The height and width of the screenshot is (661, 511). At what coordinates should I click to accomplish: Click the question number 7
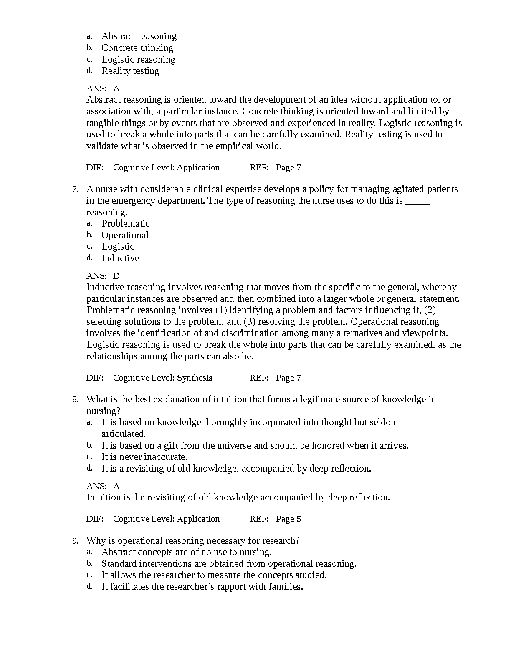[75, 189]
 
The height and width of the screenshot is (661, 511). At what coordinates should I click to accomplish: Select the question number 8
[75, 400]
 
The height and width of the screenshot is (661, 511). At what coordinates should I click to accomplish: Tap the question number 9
[75, 541]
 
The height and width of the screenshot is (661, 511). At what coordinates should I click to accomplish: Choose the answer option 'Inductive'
[120, 258]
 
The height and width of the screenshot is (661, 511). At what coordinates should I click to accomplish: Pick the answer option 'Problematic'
[125, 224]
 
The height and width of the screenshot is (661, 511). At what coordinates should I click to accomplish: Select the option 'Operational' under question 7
[125, 235]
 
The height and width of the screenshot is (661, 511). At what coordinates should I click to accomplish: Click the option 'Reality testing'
[130, 71]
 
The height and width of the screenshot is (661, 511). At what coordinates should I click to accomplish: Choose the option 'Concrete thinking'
[137, 48]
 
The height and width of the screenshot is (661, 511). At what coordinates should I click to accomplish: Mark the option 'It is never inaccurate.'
[144, 457]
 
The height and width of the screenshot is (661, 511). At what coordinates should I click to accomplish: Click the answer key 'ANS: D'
[103, 276]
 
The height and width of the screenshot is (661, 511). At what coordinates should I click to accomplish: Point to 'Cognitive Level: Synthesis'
[162, 378]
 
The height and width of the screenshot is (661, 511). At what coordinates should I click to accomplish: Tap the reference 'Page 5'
[288, 519]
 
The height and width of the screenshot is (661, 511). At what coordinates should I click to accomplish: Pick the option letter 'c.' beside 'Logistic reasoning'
[89, 59]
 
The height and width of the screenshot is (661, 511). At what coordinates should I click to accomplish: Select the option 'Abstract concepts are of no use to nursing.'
[187, 552]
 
